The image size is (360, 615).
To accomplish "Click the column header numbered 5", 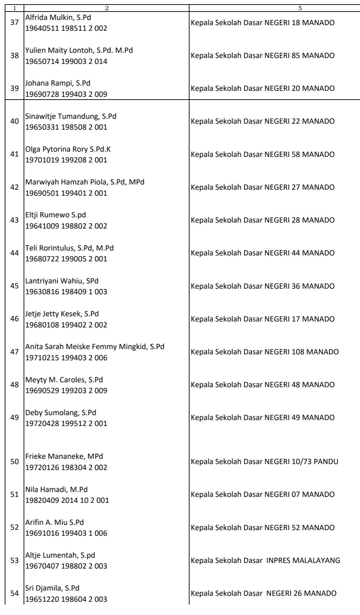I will point(300,8).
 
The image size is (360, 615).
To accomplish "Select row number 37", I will point(15,23).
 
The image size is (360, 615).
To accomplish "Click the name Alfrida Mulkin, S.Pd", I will point(58,17).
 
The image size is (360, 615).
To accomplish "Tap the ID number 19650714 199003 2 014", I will point(66,61).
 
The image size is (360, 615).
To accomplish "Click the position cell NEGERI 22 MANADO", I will point(263,121).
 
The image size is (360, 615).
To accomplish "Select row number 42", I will point(15,187).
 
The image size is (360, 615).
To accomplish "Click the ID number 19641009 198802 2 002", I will point(66,226).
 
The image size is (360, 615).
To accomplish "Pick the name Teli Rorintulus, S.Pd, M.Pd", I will point(69,248).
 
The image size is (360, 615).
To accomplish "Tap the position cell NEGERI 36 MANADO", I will point(263,286).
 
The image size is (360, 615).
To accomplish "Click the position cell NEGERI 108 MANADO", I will point(265,352).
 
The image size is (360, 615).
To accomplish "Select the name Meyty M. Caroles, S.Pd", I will point(64,380).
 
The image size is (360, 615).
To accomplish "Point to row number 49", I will point(15,418).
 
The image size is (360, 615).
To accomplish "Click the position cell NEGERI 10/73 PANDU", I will point(264,462).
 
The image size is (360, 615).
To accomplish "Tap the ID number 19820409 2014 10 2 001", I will point(67,500).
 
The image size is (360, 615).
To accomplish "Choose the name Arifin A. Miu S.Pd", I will point(54,522).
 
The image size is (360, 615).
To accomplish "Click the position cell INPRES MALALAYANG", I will point(265,560).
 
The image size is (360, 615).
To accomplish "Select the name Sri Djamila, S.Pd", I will point(52,588).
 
